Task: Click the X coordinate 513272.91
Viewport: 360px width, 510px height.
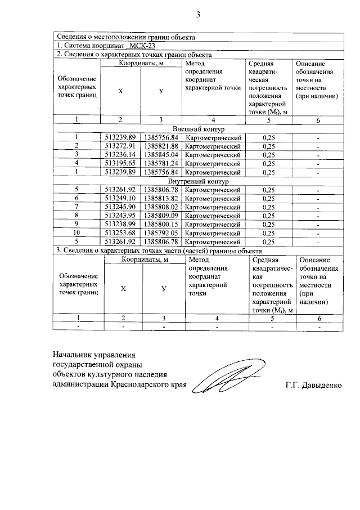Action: (x=120, y=146)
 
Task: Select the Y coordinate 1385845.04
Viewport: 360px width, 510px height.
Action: (x=161, y=155)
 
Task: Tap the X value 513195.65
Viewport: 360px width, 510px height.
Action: (x=120, y=163)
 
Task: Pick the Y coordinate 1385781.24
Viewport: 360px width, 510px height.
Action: (x=161, y=163)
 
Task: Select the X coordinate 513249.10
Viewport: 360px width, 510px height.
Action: (x=120, y=198)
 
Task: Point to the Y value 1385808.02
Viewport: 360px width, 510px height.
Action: (x=161, y=207)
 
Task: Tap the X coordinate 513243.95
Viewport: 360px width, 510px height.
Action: (x=120, y=216)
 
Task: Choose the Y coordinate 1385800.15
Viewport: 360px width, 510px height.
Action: (x=161, y=224)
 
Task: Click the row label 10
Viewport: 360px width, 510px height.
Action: (x=76, y=233)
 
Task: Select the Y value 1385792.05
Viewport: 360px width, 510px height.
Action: (x=161, y=233)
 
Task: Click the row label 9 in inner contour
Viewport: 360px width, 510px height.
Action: (x=76, y=224)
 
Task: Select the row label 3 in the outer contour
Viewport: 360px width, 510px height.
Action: (x=76, y=155)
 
